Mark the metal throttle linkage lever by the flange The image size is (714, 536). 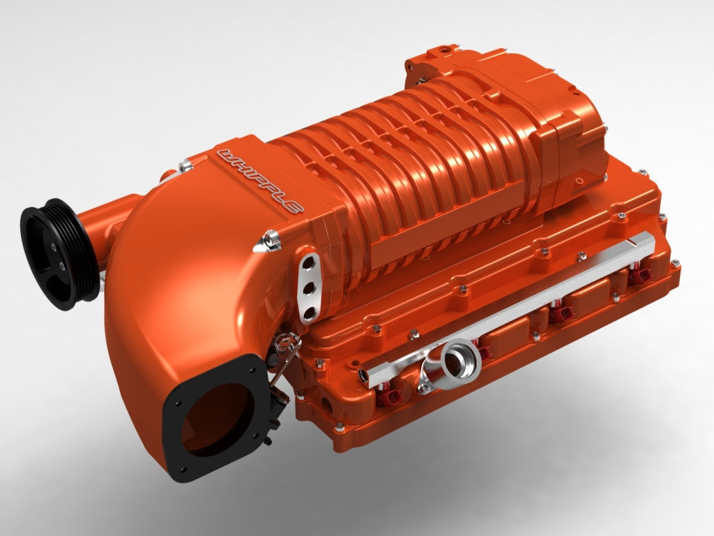click(282, 363)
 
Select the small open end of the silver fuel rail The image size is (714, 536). click(363, 375)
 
